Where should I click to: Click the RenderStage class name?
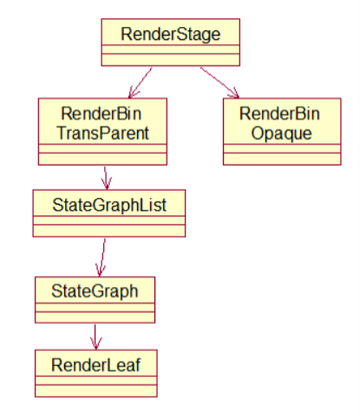171,35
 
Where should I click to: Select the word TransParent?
103,133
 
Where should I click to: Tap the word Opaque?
282,133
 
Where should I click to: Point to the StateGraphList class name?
109,205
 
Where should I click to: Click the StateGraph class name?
95,291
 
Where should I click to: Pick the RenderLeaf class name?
96,365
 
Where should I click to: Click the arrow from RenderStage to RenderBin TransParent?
141,82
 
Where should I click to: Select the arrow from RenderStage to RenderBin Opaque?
219,82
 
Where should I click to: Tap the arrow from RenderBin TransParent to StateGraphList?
106,178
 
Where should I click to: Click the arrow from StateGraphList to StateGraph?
102,257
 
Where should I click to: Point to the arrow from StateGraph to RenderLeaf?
95,337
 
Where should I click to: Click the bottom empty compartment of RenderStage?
171,60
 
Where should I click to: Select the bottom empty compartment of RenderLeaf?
96,391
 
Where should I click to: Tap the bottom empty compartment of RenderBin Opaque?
282,159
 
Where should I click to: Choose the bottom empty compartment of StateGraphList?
109,231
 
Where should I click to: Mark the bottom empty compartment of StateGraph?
95,317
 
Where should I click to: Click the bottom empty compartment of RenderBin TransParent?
102,159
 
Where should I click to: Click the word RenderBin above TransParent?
101,114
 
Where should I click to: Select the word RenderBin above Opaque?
279,114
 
